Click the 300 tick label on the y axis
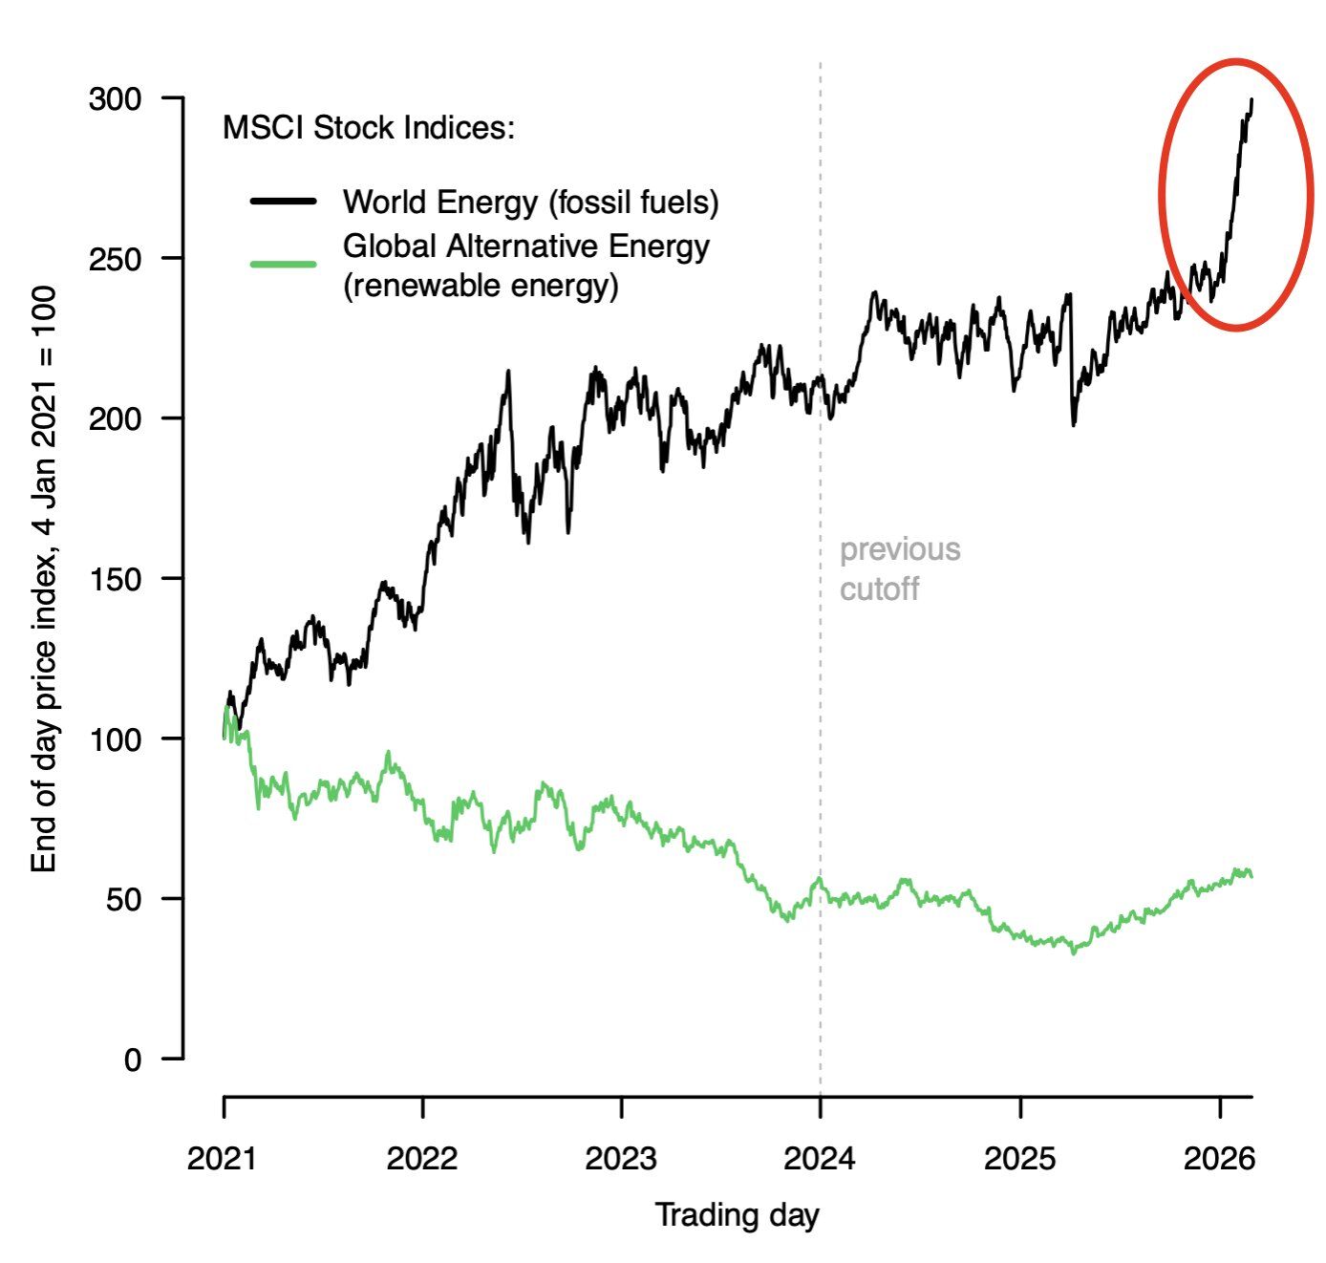click(115, 99)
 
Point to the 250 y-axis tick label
click(115, 259)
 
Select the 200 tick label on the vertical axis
click(115, 418)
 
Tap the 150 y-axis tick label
click(115, 579)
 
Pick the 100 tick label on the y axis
click(115, 739)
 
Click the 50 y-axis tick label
click(123, 899)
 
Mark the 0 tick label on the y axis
click(132, 1060)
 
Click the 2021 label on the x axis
click(223, 1158)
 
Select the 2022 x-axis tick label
click(422, 1158)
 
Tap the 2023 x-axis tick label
click(621, 1158)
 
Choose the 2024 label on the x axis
click(820, 1158)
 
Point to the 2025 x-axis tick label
click(1020, 1158)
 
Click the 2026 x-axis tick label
click(1219, 1158)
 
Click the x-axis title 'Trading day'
click(737, 1215)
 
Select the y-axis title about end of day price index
click(44, 579)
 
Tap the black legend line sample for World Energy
click(283, 202)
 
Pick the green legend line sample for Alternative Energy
click(283, 264)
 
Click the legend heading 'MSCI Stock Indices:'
click(369, 127)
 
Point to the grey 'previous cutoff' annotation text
click(899, 568)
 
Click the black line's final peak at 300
click(1251, 99)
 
